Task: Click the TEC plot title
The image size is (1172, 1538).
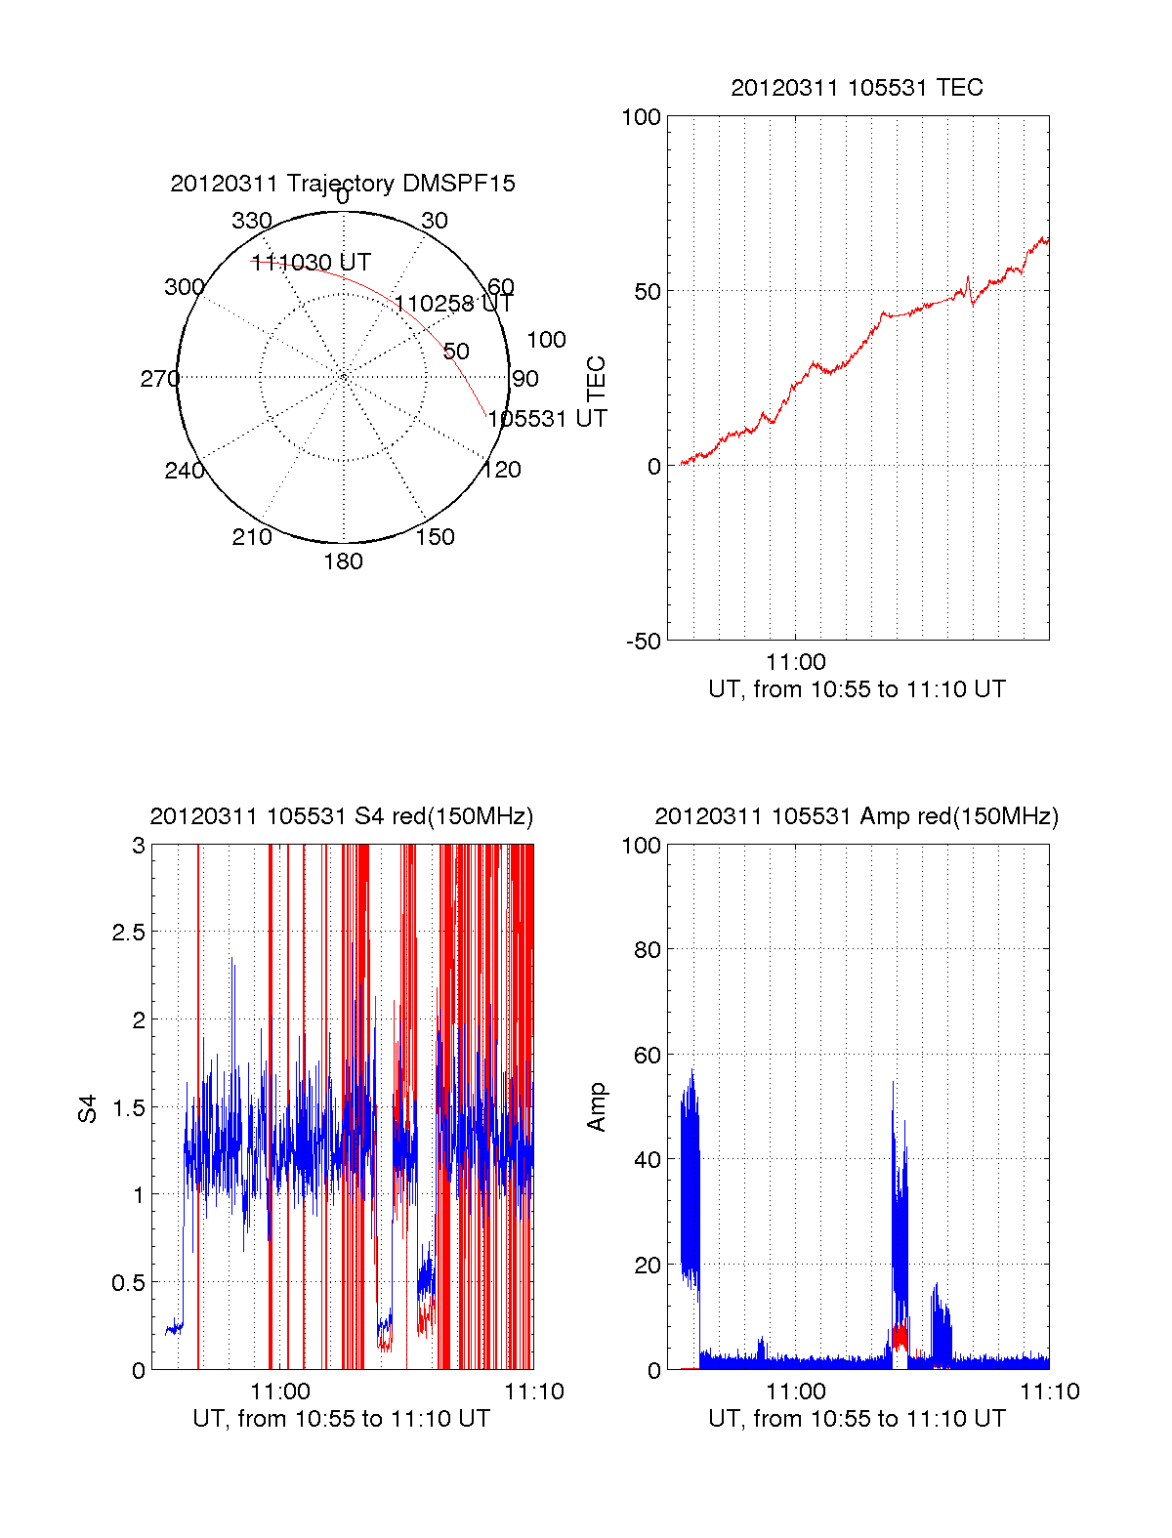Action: click(857, 88)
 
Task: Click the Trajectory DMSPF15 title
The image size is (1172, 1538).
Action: click(343, 184)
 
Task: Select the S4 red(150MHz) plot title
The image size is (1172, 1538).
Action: click(342, 816)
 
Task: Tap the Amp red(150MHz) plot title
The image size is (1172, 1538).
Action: click(857, 816)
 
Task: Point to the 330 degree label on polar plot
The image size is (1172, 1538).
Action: click(252, 221)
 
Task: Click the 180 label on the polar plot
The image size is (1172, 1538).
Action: click(343, 561)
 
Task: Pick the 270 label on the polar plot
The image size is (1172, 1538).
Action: click(159, 379)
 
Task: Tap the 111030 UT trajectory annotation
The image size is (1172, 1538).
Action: click(312, 263)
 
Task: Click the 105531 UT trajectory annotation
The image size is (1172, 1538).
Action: click(547, 419)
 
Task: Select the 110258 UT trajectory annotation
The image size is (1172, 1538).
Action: click(453, 304)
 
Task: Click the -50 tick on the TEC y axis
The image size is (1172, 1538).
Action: click(644, 642)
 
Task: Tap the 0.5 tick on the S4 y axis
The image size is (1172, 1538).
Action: click(129, 1283)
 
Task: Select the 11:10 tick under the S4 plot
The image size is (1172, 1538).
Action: click(534, 1392)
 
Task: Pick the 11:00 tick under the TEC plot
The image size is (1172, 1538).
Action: click(796, 663)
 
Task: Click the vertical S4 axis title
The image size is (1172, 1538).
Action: click(89, 1108)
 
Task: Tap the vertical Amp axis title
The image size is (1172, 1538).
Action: click(597, 1107)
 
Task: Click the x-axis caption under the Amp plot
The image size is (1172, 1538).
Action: click(857, 1419)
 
